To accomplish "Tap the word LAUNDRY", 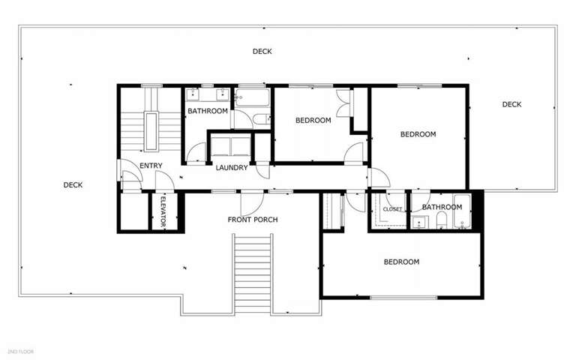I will [x=231, y=167].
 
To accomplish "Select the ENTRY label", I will [x=151, y=166].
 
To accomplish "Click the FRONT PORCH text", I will [x=253, y=220].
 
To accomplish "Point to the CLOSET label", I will [x=392, y=209].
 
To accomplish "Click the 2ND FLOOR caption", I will [x=20, y=351].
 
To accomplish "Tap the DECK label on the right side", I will [x=511, y=104].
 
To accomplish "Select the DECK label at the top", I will [x=262, y=52].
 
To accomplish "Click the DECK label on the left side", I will [x=73, y=185].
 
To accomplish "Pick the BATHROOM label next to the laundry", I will [x=208, y=111].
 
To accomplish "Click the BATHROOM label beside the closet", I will [x=442, y=207].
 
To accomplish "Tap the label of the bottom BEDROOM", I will [x=401, y=262].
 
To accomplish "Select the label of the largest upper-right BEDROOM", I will [x=418, y=134].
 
